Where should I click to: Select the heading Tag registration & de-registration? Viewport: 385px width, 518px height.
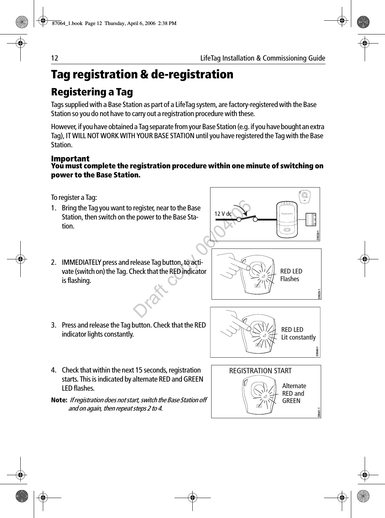click(x=142, y=75)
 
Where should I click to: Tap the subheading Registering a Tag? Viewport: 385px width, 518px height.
click(x=92, y=92)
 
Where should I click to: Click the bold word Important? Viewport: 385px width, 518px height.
click(x=70, y=159)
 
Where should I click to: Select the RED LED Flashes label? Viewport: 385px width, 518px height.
click(x=291, y=275)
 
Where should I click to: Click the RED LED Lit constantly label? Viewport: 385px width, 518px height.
click(x=298, y=333)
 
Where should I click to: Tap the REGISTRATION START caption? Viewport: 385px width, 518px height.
click(x=260, y=371)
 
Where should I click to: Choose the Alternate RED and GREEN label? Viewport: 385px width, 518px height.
click(x=294, y=393)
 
